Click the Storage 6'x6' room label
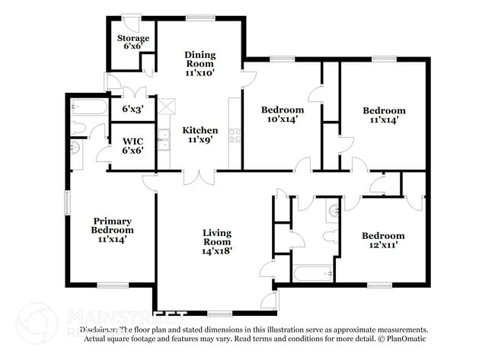(x=133, y=43)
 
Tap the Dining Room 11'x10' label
(x=200, y=64)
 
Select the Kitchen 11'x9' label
(x=200, y=135)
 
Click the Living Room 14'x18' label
(x=217, y=241)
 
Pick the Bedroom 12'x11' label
(x=382, y=241)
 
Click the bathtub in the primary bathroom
(x=88, y=107)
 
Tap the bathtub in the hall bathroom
(x=313, y=272)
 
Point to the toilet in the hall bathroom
(x=330, y=237)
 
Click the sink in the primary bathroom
(x=75, y=147)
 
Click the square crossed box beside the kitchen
(x=167, y=106)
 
